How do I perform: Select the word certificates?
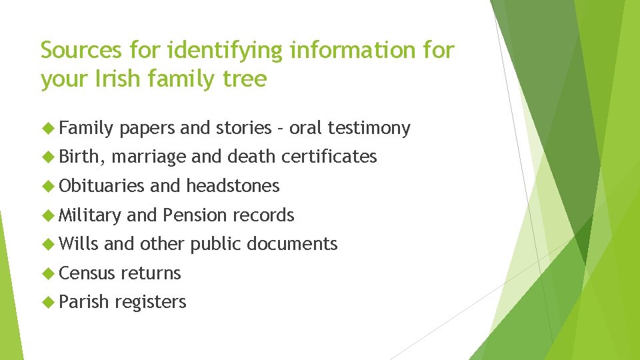point(329,157)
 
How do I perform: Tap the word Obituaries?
point(101,186)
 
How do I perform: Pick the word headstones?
point(233,186)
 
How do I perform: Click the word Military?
point(90,215)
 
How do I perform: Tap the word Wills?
point(78,244)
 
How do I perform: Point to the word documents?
point(292,244)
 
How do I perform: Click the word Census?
point(87,273)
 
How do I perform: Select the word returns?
point(151,273)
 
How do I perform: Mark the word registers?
point(150,303)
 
